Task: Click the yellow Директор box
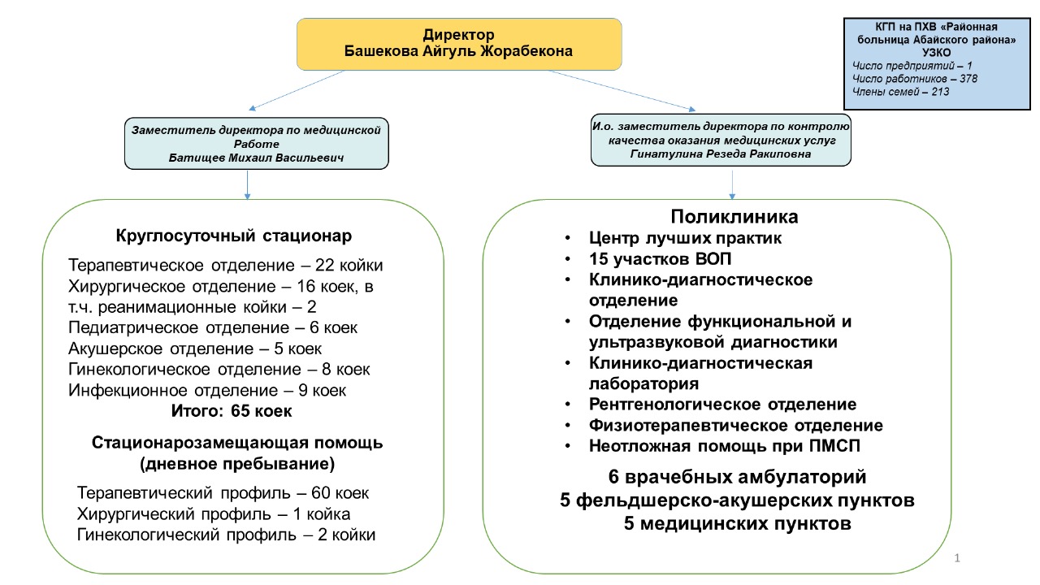click(x=459, y=44)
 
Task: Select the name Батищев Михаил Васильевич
click(x=256, y=158)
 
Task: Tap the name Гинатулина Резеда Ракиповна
click(x=721, y=154)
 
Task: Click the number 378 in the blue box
click(x=968, y=79)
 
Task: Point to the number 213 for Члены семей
click(x=940, y=92)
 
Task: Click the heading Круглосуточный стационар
click(x=233, y=236)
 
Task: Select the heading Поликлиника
click(x=734, y=217)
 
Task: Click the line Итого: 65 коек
click(x=232, y=411)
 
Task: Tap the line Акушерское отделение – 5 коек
click(x=195, y=349)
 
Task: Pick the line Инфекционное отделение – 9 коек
click(x=207, y=391)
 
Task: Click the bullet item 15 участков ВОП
click(x=660, y=259)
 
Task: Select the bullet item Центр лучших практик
click(x=685, y=238)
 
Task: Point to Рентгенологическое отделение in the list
click(x=722, y=405)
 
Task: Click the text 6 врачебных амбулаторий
click(x=737, y=477)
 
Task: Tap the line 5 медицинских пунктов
click(x=737, y=524)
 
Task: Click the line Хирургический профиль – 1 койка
click(x=214, y=514)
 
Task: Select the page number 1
click(x=957, y=558)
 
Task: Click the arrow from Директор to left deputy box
click(x=297, y=90)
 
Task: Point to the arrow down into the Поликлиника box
click(x=732, y=184)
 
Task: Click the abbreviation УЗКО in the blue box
click(x=937, y=53)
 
